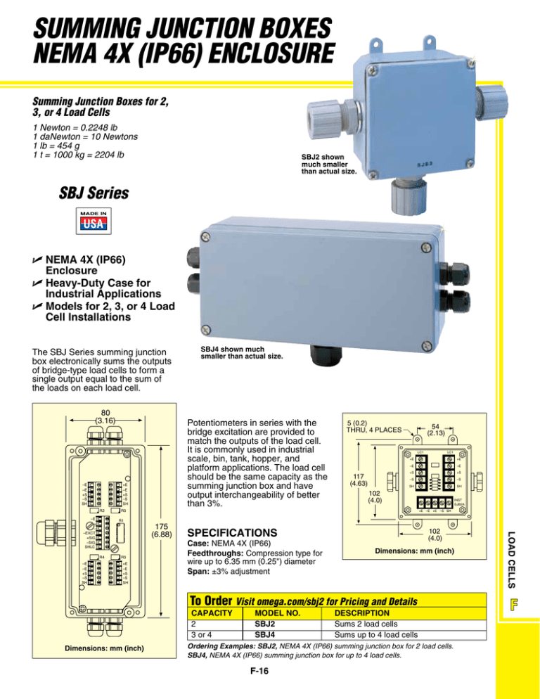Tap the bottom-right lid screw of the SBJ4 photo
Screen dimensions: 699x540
pos(426,346)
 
